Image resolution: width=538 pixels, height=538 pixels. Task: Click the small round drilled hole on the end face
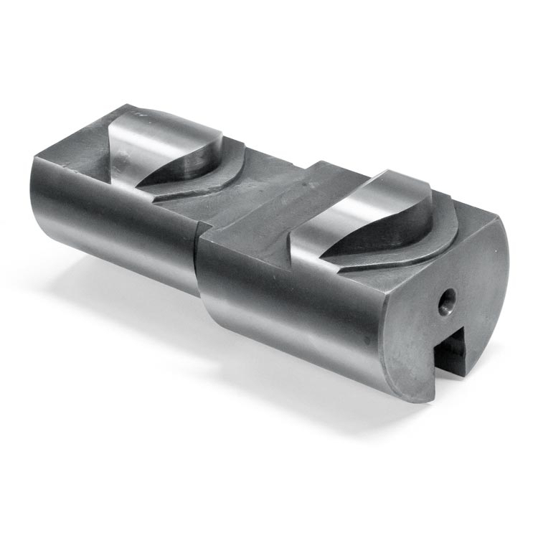pos(446,302)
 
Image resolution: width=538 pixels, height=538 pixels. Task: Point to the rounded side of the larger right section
pos(287,308)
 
